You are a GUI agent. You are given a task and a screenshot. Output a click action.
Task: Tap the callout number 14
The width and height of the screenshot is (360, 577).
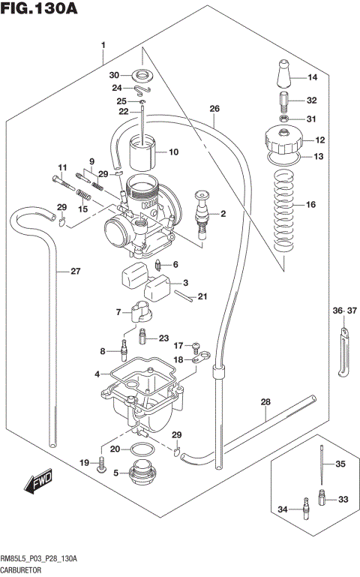tap(313, 77)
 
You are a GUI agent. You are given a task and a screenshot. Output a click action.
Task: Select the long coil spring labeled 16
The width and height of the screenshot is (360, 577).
tap(283, 209)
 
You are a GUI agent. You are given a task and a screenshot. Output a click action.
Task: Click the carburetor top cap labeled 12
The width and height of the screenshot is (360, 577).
tap(283, 140)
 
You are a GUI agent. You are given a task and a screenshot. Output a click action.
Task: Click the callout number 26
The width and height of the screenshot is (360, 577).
tap(214, 109)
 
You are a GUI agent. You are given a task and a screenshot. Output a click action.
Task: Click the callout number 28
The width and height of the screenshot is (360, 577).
tap(265, 401)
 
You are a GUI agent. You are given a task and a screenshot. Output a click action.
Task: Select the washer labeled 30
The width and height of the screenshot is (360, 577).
tap(142, 75)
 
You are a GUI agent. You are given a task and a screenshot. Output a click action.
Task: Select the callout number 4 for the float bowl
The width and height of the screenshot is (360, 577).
tap(97, 374)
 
